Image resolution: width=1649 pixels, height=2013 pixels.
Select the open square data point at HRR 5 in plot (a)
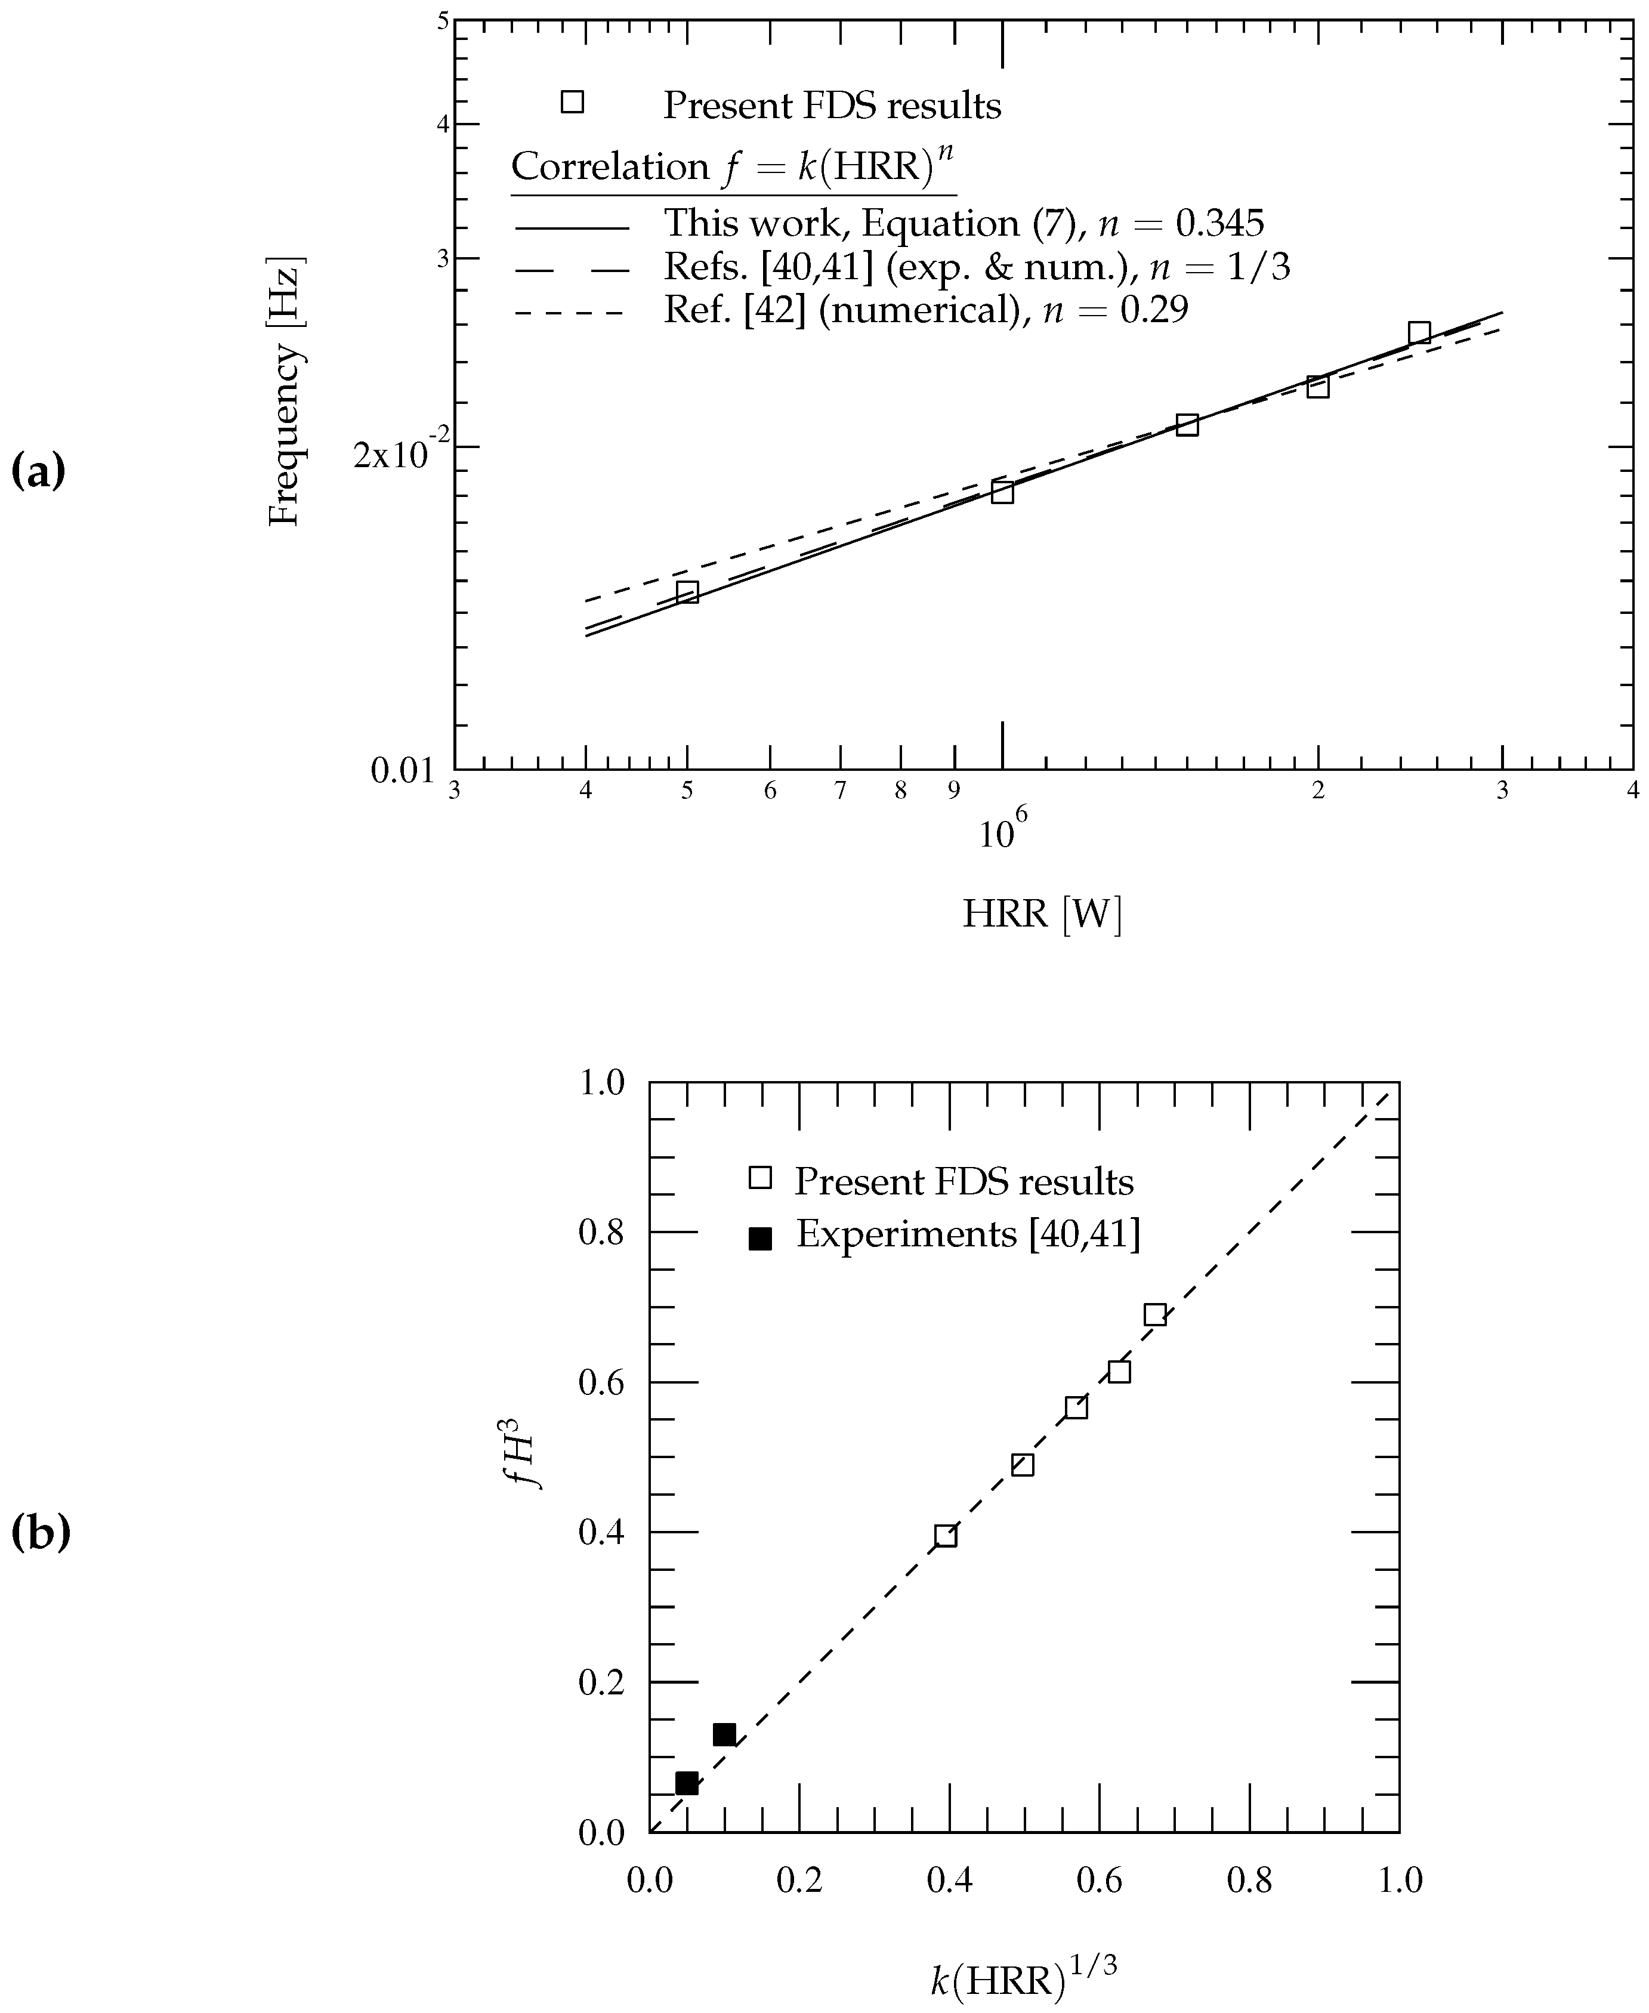(687, 592)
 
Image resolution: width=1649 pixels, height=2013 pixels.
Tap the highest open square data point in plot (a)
(1419, 332)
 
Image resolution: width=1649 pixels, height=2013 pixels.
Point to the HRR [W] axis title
(1042, 914)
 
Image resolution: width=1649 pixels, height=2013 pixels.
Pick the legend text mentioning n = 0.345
(963, 223)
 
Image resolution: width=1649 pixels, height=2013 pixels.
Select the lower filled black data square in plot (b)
(686, 1783)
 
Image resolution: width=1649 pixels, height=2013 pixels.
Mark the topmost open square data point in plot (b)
(1154, 1315)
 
